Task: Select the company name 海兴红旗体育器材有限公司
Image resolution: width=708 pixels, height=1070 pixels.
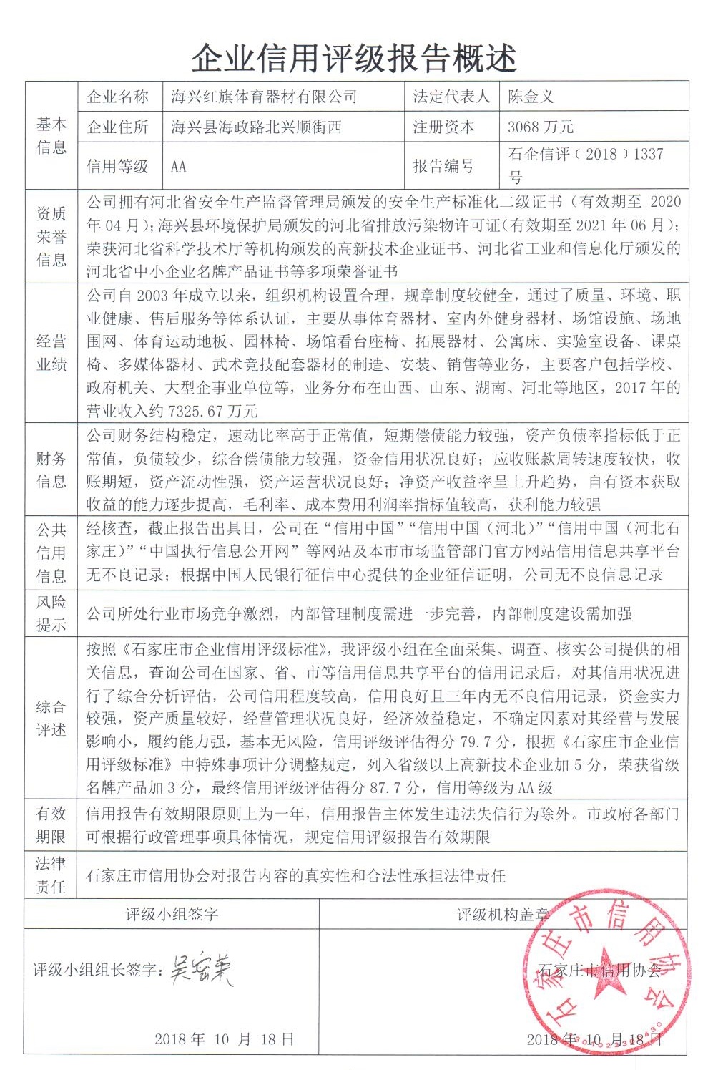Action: click(x=264, y=97)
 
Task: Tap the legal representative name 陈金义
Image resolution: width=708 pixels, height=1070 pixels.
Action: click(x=531, y=97)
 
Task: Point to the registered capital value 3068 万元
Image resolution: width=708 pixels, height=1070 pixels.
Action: click(x=541, y=127)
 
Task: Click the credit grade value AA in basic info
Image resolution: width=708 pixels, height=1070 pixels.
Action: click(x=179, y=167)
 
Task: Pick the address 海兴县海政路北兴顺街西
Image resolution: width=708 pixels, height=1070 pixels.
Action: click(x=256, y=127)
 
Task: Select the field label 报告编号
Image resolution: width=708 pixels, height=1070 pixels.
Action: click(x=443, y=167)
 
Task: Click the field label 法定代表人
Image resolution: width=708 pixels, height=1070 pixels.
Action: click(x=451, y=97)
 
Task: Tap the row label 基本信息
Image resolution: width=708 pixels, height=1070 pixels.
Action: click(x=51, y=135)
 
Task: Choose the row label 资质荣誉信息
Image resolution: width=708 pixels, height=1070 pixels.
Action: click(x=51, y=236)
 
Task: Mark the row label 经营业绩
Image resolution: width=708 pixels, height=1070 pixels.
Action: click(x=51, y=352)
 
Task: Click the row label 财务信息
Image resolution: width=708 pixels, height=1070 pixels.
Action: click(x=51, y=470)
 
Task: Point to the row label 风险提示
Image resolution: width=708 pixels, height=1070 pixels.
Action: click(x=51, y=613)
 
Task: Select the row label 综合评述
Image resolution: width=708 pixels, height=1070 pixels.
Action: click(x=51, y=718)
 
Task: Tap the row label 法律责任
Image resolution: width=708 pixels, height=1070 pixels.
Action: click(x=51, y=875)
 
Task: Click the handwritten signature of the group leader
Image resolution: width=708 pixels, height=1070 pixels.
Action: click(x=202, y=971)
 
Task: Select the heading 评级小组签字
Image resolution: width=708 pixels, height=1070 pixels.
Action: click(x=172, y=914)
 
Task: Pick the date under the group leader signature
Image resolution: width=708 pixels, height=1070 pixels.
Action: click(x=224, y=1039)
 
